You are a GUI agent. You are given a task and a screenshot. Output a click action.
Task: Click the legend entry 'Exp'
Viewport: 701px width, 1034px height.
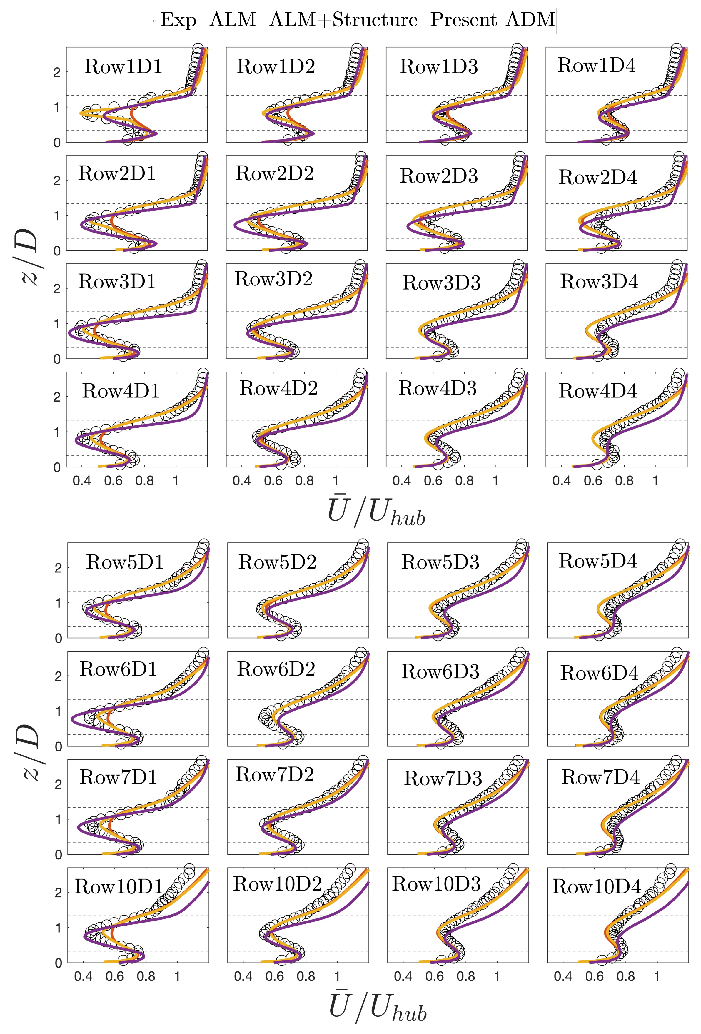click(178, 20)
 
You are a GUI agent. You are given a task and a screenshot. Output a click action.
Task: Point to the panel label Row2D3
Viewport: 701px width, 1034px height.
click(438, 176)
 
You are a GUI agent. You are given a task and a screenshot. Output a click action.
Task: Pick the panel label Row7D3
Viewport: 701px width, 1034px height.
click(443, 778)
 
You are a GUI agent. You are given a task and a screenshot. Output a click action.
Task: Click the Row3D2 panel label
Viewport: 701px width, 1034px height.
click(273, 279)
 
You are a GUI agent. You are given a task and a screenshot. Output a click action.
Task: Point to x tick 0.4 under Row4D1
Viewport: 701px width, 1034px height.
click(82, 481)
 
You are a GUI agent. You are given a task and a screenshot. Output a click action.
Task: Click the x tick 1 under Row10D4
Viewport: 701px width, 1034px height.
click(657, 977)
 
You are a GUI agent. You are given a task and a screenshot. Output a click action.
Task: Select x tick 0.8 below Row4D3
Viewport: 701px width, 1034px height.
click(464, 481)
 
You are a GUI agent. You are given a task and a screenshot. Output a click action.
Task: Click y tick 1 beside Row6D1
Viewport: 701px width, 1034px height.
click(58, 711)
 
